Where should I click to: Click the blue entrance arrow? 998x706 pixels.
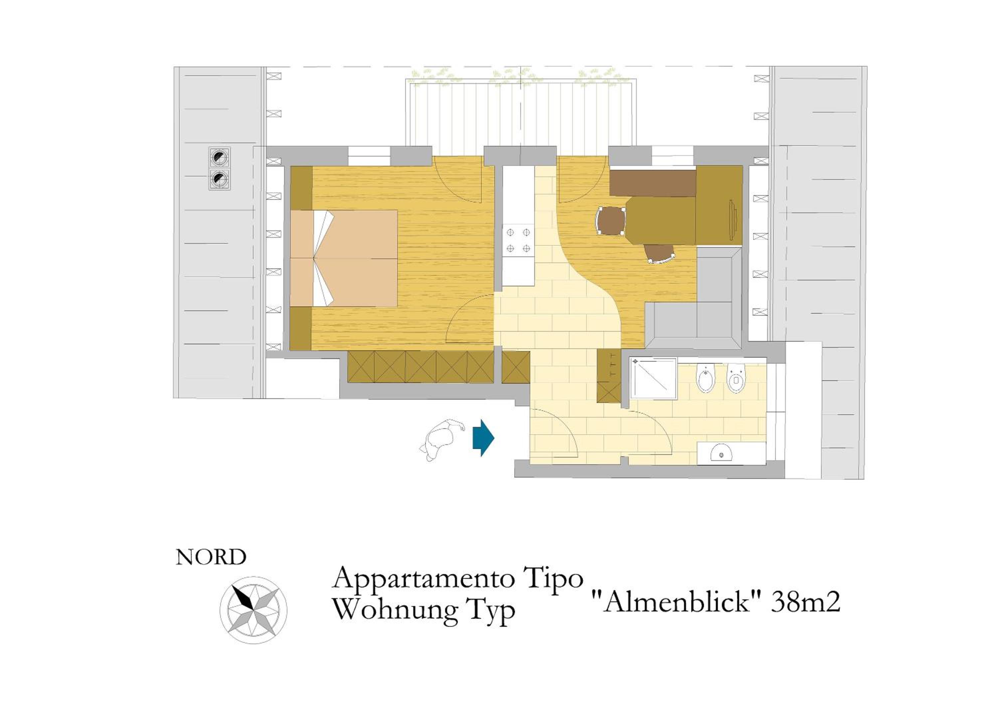tap(483, 438)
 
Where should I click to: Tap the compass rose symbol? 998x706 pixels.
tap(253, 610)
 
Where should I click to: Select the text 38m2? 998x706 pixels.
tap(805, 602)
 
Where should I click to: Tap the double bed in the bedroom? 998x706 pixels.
tap(343, 258)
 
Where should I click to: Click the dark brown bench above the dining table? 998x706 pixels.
tap(652, 183)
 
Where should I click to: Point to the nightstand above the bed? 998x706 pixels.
tap(301, 188)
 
